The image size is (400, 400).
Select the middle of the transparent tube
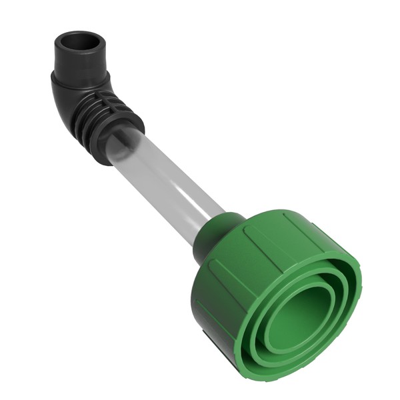(x=167, y=183)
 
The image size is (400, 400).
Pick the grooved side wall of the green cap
(x=267, y=240)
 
